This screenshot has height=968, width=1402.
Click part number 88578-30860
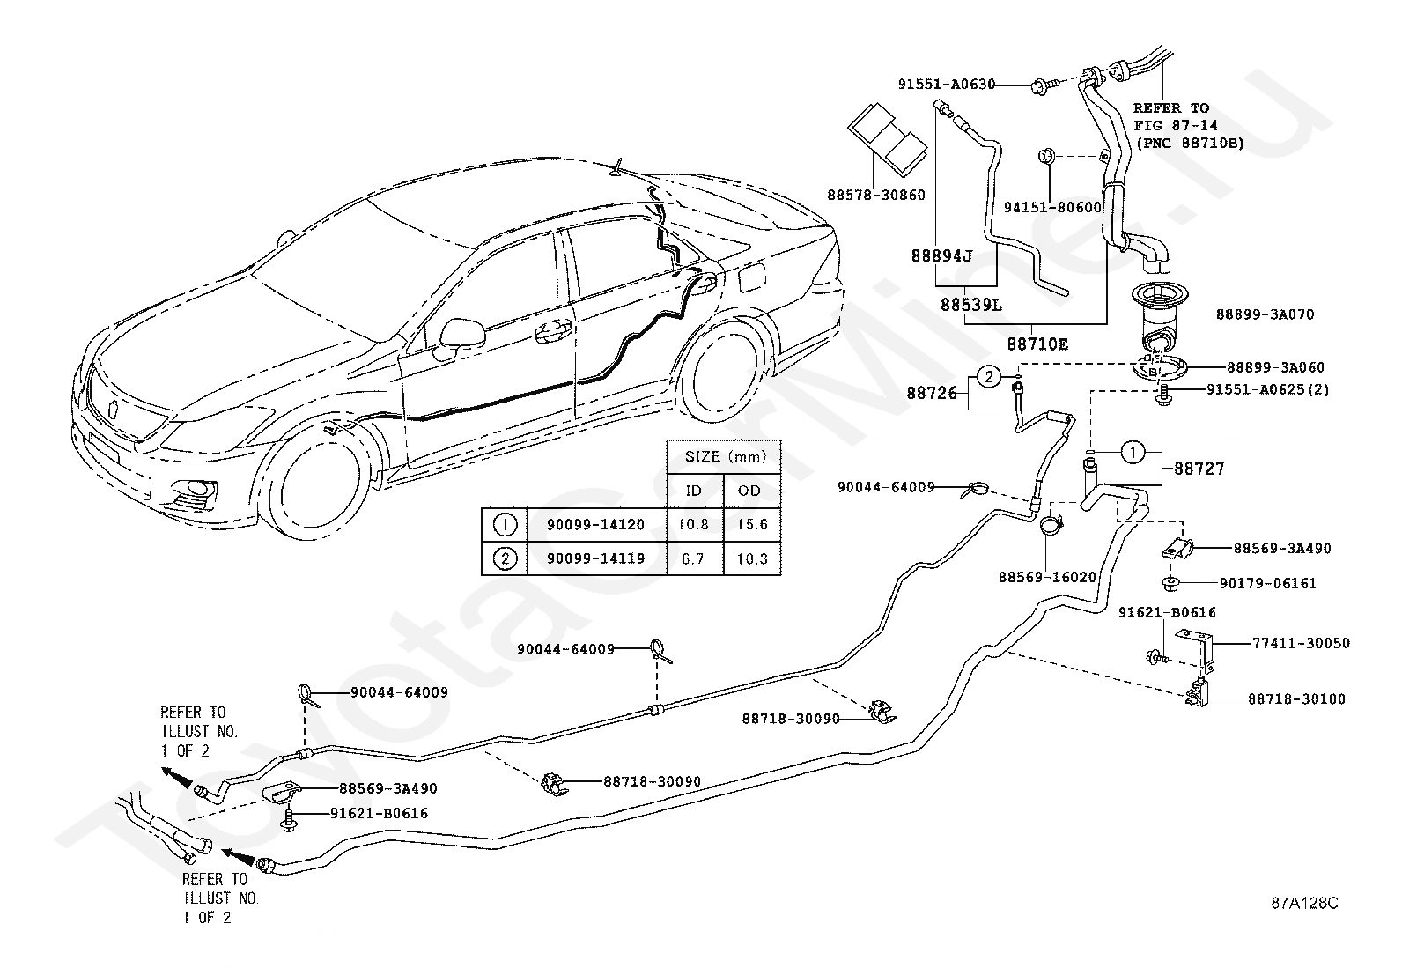(x=876, y=196)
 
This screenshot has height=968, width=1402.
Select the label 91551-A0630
(x=947, y=84)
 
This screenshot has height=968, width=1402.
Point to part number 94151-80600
(x=1052, y=207)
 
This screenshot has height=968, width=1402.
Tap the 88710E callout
(x=1037, y=344)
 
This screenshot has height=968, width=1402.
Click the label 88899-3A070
(x=1265, y=314)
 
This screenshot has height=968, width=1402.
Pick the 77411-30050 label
(x=1302, y=643)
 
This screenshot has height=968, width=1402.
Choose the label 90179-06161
(x=1268, y=584)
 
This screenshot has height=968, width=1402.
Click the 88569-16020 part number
(x=1047, y=577)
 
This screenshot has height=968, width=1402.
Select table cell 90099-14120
(x=596, y=525)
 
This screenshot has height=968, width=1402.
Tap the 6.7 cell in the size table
(x=693, y=558)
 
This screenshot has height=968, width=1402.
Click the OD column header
(x=749, y=491)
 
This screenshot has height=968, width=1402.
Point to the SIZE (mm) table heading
(x=726, y=457)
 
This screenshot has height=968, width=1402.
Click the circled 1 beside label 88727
(x=1133, y=452)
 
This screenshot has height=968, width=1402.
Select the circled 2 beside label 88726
(x=989, y=377)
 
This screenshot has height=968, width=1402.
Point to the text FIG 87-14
(x=1176, y=126)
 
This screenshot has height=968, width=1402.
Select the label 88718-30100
(x=1297, y=699)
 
